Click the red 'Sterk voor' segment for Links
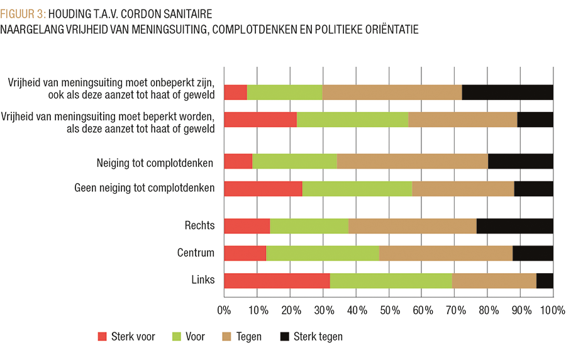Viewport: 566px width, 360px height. pos(277,281)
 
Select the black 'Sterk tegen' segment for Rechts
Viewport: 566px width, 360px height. pos(514,225)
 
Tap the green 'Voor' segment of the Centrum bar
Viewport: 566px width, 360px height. pos(323,253)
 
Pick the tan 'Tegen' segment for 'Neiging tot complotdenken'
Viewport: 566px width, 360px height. pos(413,162)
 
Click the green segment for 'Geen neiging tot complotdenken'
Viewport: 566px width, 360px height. pos(357,189)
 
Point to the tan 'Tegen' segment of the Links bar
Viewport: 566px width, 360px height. pos(494,281)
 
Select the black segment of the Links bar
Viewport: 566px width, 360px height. pos(545,281)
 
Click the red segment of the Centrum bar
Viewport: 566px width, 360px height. pos(245,253)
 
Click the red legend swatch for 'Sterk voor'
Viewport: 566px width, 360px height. pos(103,337)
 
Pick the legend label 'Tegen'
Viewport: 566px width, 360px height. pos(249,337)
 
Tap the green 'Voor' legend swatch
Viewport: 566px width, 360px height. pos(176,337)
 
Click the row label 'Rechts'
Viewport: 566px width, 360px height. pos(199,225)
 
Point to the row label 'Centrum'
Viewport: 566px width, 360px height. pos(196,253)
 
